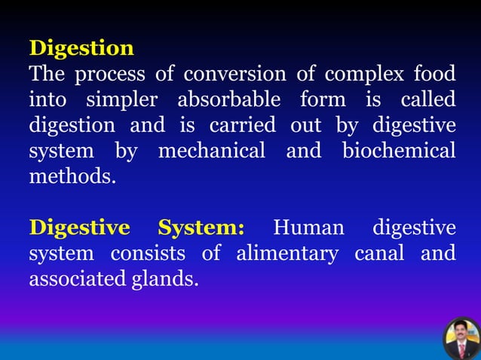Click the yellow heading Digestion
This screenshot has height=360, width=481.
[x=81, y=49]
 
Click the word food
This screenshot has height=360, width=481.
[x=434, y=75]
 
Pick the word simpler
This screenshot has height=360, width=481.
[x=124, y=101]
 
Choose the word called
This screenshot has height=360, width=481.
[x=428, y=100]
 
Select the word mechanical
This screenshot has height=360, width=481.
[x=213, y=151]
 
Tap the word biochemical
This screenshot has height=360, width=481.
[x=399, y=151]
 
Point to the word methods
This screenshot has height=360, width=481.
[x=72, y=177]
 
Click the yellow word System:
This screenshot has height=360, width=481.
[x=201, y=228]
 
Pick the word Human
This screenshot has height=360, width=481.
[x=308, y=228]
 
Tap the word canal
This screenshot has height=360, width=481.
[x=380, y=254]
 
